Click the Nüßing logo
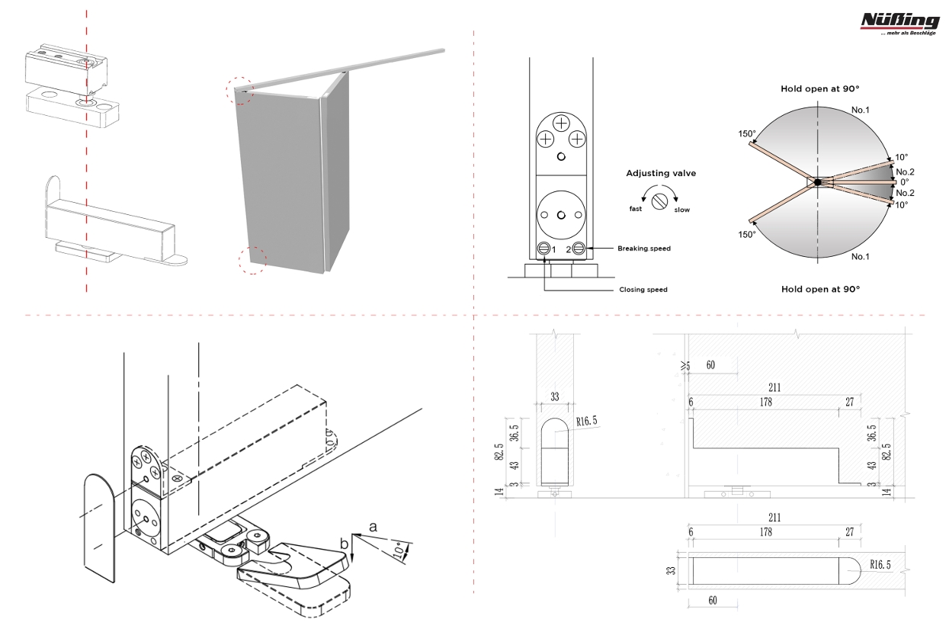point(899,23)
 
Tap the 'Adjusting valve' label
point(661,174)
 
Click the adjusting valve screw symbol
point(662,199)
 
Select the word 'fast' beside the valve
point(635,208)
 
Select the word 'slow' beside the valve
point(681,210)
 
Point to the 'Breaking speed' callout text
point(644,249)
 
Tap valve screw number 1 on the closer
point(544,249)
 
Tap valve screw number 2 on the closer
point(579,249)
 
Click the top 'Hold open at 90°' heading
point(819,89)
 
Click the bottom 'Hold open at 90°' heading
point(819,289)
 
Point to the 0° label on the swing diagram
point(905,182)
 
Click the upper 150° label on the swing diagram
point(747,134)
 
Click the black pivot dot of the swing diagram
point(817,181)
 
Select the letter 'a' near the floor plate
point(373,526)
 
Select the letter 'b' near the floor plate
point(344,544)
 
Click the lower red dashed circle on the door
point(252,260)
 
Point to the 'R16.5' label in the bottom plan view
point(880,565)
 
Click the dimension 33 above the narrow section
point(554,397)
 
